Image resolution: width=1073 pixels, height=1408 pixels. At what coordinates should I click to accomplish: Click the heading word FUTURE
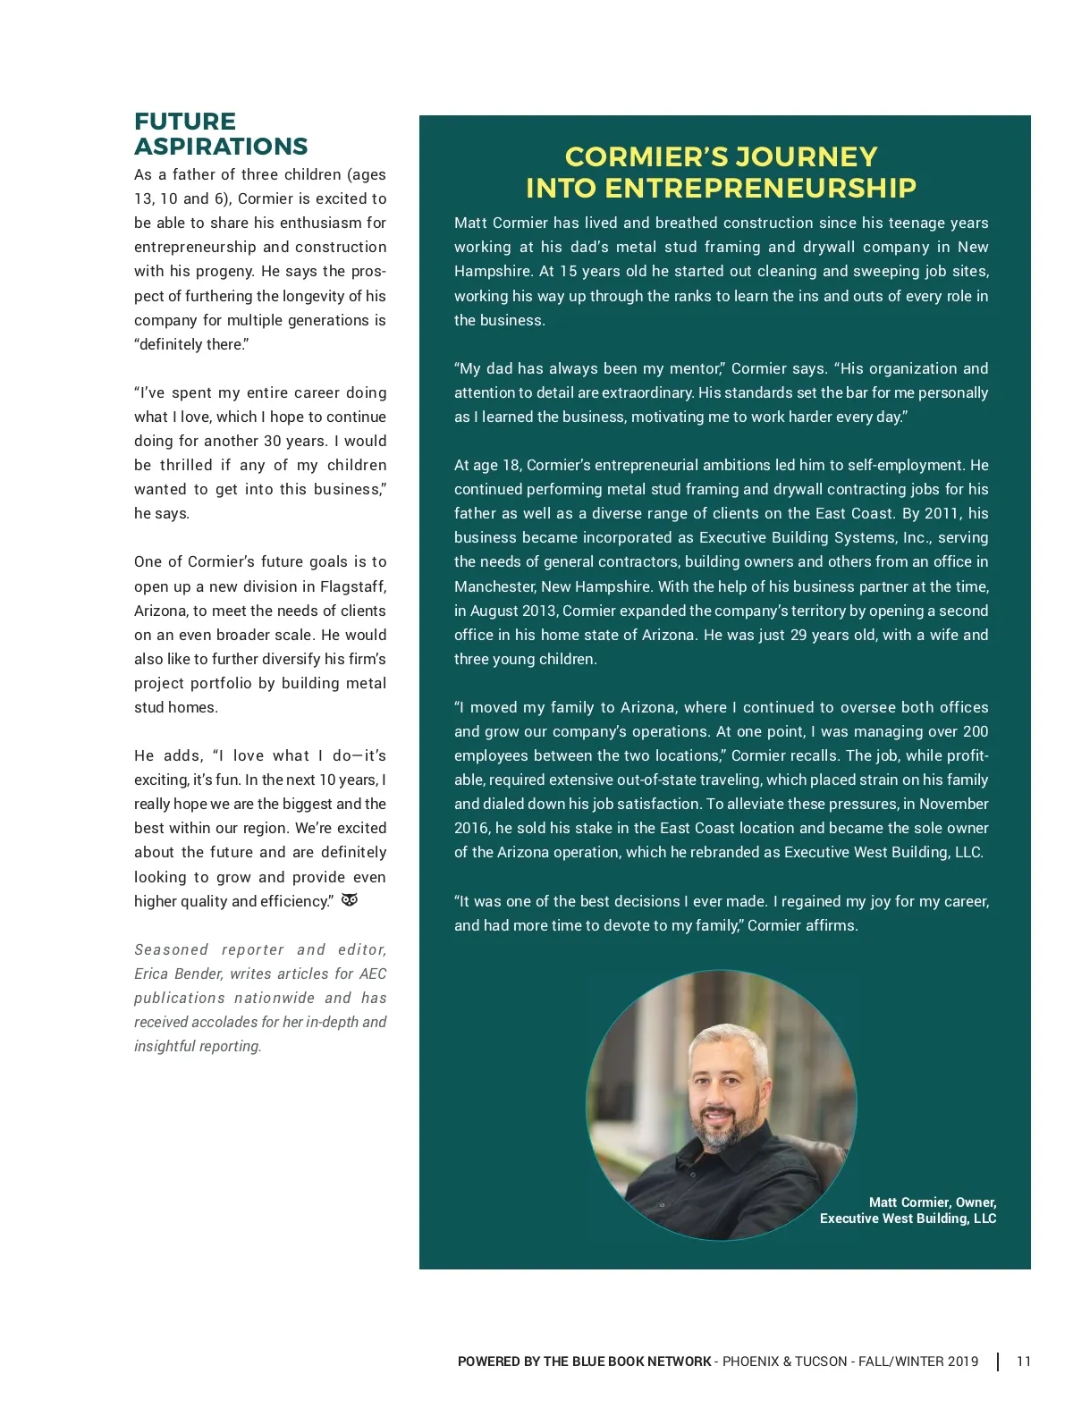point(185,122)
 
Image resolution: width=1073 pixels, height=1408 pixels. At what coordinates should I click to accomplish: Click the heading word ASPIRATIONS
point(221,147)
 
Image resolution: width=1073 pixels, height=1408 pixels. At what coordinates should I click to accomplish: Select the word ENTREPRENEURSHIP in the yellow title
point(760,189)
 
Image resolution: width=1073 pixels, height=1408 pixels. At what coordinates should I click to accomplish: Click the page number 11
point(1024,1362)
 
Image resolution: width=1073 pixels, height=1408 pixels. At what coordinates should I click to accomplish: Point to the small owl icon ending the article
point(350,900)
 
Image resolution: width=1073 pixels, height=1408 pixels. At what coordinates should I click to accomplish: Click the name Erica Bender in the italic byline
point(178,974)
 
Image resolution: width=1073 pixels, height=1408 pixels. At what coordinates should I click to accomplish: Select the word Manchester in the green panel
point(494,586)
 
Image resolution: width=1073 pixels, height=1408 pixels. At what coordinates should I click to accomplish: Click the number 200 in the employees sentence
point(976,731)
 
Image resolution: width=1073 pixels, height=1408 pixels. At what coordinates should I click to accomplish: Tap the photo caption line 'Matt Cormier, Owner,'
point(933,1202)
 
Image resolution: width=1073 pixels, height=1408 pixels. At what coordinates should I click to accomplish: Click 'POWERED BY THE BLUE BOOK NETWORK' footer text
point(585,1362)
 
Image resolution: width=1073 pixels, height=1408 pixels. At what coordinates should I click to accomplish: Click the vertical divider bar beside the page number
point(998,1362)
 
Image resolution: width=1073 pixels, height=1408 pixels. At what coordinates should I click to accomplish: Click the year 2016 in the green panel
point(471,828)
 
